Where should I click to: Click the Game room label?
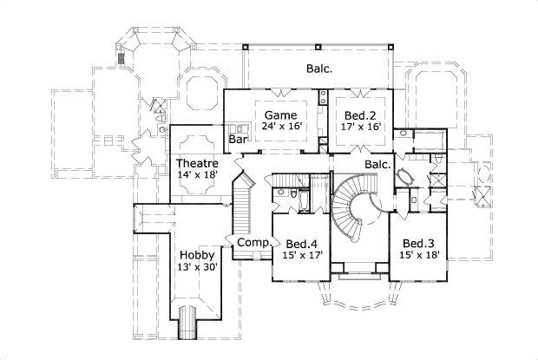coord(280,115)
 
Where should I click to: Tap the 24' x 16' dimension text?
coord(280,127)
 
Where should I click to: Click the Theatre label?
coord(196,163)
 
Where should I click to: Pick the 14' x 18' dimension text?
coord(196,174)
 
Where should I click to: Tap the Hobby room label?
coord(197,255)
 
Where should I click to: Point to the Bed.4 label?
coord(300,243)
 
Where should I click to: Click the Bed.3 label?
coord(417,243)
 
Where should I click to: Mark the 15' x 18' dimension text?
coord(417,255)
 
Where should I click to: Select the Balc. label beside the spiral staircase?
coord(377,163)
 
